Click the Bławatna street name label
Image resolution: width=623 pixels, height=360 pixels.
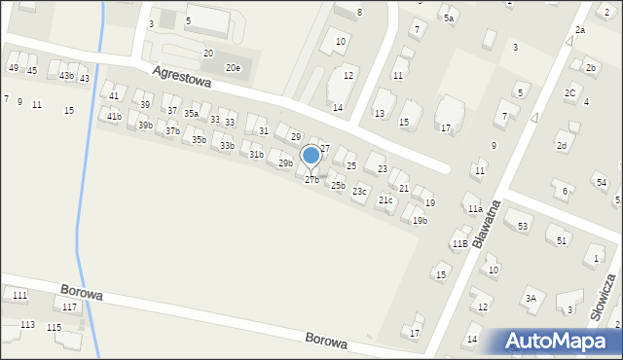click(x=488, y=223)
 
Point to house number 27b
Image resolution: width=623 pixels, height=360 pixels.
click(x=311, y=180)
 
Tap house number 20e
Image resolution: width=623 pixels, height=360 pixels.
click(x=233, y=68)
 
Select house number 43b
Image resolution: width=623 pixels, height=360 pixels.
click(x=66, y=76)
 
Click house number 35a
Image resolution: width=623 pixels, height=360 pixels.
click(x=192, y=114)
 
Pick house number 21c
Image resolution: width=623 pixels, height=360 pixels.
click(x=385, y=200)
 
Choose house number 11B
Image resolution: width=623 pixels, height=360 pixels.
click(x=459, y=243)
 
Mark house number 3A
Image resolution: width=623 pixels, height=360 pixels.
click(x=531, y=299)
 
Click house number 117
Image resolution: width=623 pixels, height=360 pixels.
click(x=69, y=307)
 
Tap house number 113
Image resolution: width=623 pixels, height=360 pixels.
click(x=27, y=325)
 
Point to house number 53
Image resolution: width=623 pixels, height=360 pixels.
click(x=523, y=227)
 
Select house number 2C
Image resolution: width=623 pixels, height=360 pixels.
click(x=569, y=93)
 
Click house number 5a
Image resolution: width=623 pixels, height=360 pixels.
click(x=449, y=18)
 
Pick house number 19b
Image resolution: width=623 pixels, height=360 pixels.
click(x=420, y=221)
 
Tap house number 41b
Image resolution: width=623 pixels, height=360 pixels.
click(x=114, y=117)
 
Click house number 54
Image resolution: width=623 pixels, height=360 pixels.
click(x=602, y=183)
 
